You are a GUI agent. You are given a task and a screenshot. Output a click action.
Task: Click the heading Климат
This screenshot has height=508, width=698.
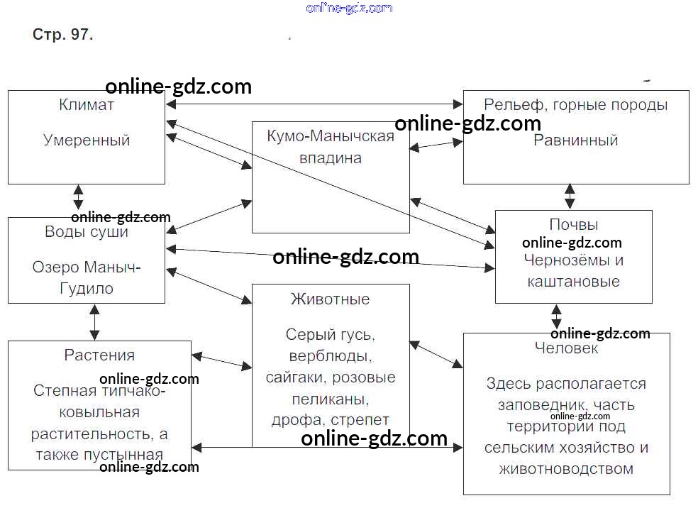click(x=87, y=105)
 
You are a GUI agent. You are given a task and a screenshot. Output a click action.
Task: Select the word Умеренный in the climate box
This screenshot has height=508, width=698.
click(x=87, y=140)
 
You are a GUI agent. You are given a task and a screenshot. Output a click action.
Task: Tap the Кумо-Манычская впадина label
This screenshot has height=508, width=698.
click(x=331, y=147)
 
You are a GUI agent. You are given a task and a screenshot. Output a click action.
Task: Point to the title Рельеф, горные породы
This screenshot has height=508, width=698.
click(x=575, y=105)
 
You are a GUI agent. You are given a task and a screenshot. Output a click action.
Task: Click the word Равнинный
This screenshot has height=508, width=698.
click(x=575, y=140)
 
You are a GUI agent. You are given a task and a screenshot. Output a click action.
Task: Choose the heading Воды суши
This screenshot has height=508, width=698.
click(x=87, y=232)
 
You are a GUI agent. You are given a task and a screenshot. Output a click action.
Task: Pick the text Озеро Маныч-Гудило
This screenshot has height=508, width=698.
click(x=87, y=277)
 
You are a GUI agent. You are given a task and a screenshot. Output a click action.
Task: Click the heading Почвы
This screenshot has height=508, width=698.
click(x=573, y=225)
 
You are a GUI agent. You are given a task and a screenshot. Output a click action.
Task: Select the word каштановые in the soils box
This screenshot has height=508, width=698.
click(x=573, y=282)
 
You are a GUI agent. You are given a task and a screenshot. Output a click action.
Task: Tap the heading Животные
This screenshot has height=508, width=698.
click(x=331, y=299)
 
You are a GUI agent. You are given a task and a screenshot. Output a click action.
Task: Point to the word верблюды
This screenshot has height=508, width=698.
click(x=331, y=355)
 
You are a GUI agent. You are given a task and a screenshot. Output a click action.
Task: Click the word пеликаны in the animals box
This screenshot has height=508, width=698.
click(x=331, y=399)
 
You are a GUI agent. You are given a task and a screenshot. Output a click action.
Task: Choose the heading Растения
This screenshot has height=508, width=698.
click(x=99, y=355)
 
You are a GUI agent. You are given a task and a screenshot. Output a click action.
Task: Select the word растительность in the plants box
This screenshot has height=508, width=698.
click(x=99, y=434)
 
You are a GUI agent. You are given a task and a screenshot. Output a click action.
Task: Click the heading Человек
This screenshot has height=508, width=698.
click(x=566, y=348)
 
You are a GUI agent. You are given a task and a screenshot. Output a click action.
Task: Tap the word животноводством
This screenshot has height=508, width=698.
click(x=566, y=469)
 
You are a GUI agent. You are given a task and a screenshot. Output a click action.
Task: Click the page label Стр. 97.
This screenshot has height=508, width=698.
click(x=62, y=35)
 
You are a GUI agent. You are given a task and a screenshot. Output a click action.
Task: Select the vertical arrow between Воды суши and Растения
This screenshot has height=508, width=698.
click(x=94, y=322)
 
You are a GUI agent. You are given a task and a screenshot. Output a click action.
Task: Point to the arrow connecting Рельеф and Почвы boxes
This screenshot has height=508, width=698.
click(x=570, y=197)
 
